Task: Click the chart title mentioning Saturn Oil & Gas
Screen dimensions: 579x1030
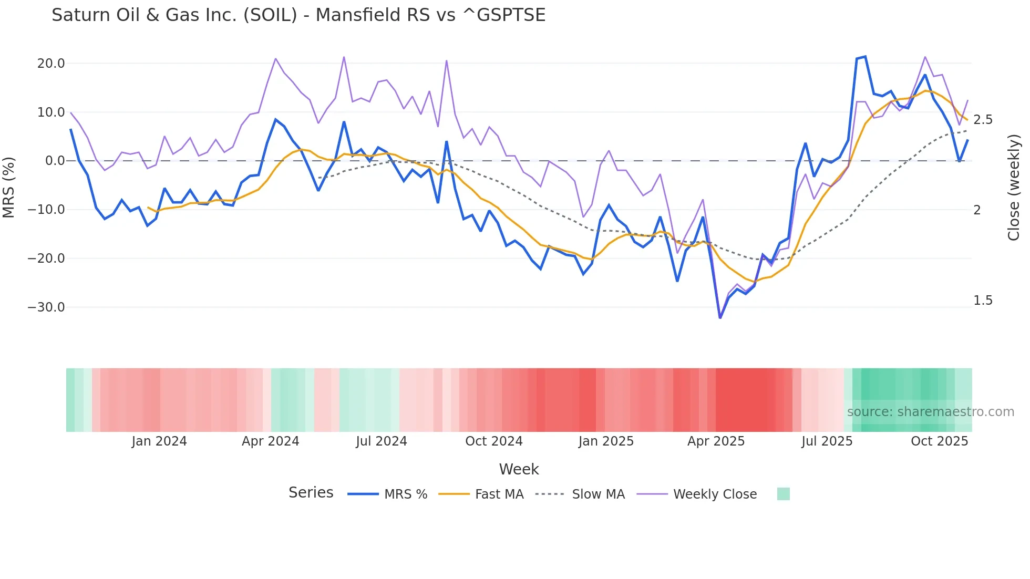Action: [x=298, y=15]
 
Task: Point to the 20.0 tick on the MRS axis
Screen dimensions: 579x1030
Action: [x=50, y=64]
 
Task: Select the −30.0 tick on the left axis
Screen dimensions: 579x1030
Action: [x=46, y=307]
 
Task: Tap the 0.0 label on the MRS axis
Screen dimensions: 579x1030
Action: [x=55, y=161]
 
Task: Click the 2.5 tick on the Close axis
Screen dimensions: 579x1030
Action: [x=983, y=120]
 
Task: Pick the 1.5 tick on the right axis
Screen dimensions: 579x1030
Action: [x=983, y=301]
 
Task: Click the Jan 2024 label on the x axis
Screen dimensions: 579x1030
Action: [x=159, y=441]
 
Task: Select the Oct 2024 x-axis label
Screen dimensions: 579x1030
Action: [x=493, y=441]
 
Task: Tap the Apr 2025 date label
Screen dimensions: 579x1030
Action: [x=716, y=441]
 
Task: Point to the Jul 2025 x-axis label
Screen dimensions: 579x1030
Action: [x=827, y=441]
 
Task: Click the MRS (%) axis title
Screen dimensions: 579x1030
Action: [x=9, y=187]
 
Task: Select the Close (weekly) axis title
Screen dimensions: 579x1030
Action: [x=1014, y=187]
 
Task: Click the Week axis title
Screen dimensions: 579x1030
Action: [x=519, y=469]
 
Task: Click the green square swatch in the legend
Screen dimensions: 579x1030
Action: [x=783, y=494]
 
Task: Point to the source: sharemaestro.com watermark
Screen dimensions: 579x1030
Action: [x=930, y=412]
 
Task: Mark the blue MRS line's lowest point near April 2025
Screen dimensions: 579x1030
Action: [x=720, y=317]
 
